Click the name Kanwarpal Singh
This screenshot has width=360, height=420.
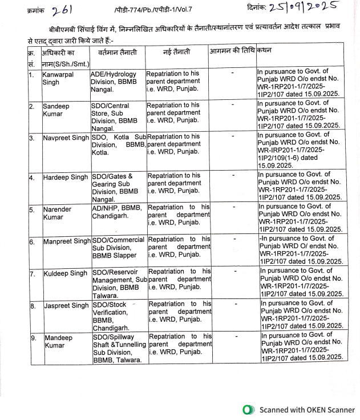(x=58, y=78)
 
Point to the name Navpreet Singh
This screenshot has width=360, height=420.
(x=66, y=138)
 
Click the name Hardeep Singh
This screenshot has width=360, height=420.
(x=66, y=177)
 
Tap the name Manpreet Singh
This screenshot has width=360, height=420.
(x=66, y=241)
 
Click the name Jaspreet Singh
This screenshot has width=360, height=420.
(x=66, y=306)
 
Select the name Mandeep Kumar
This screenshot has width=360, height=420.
(x=59, y=341)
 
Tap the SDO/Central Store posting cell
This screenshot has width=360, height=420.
(x=117, y=117)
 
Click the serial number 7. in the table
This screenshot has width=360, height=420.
(x=33, y=274)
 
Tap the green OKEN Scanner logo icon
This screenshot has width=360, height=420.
(x=248, y=409)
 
